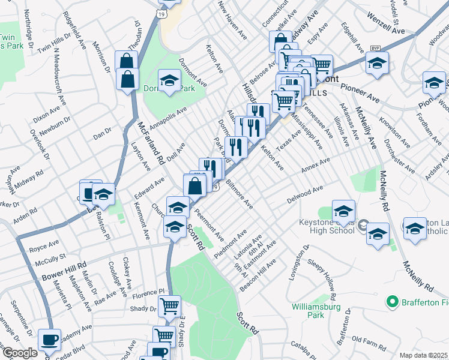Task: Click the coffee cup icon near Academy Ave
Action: [49, 340]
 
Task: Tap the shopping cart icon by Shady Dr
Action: [170, 305]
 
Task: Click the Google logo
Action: [19, 353]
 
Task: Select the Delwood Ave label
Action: [304, 195]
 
